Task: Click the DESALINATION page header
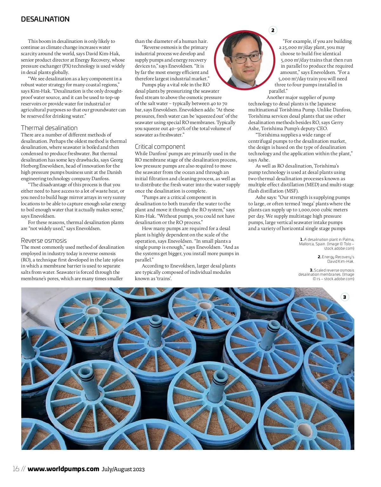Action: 45,19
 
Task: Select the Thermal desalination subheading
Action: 49,128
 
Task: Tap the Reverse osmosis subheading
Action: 44,240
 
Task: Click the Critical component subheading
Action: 160,147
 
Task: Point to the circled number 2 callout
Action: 273,30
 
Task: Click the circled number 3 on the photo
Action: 344,297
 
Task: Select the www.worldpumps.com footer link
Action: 63,469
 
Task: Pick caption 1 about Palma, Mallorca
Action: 327,244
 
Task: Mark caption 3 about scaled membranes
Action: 327,274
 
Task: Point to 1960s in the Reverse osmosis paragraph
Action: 117,260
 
